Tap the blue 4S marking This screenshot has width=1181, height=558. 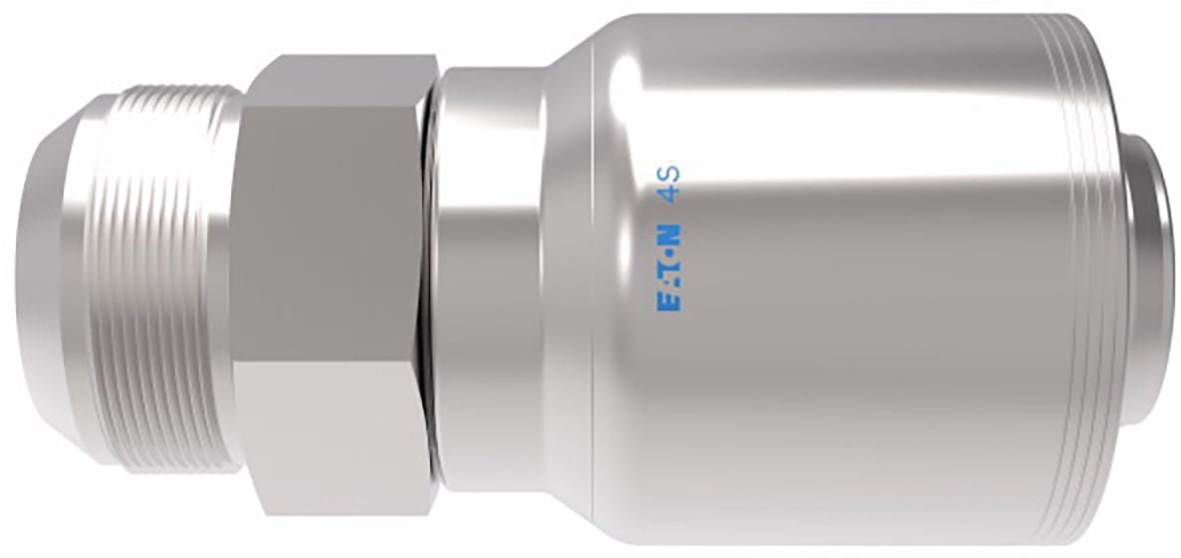pyautogui.click(x=669, y=182)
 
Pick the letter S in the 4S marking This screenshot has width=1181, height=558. pyautogui.click(x=669, y=172)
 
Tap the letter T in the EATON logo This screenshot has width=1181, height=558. pyautogui.click(x=669, y=267)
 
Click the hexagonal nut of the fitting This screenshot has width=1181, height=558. pyautogui.click(x=332, y=285)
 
